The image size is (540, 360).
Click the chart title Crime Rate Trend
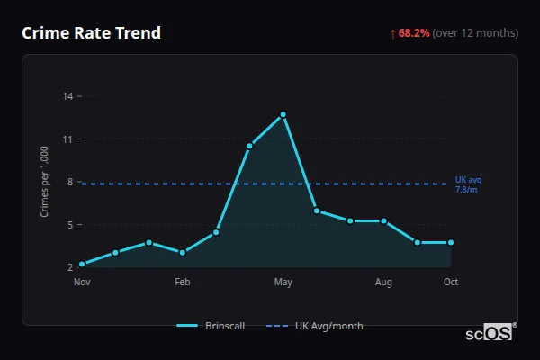click(92, 33)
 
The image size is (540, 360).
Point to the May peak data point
click(283, 114)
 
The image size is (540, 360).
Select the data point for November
click(82, 264)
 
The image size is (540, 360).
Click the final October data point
click(451, 242)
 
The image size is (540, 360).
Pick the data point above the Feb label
click(183, 253)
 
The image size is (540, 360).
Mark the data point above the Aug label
click(384, 220)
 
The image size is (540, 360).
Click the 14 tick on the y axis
click(68, 95)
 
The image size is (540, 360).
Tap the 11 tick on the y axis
click(68, 139)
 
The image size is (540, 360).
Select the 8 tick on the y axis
click(70, 182)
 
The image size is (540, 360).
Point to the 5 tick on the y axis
click(70, 224)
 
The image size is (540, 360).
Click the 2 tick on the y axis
click(70, 267)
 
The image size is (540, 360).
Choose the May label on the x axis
click(283, 283)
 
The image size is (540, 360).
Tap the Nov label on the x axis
click(82, 283)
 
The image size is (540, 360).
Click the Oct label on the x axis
click(451, 283)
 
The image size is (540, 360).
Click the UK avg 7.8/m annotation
click(467, 184)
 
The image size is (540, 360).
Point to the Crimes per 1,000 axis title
click(45, 182)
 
